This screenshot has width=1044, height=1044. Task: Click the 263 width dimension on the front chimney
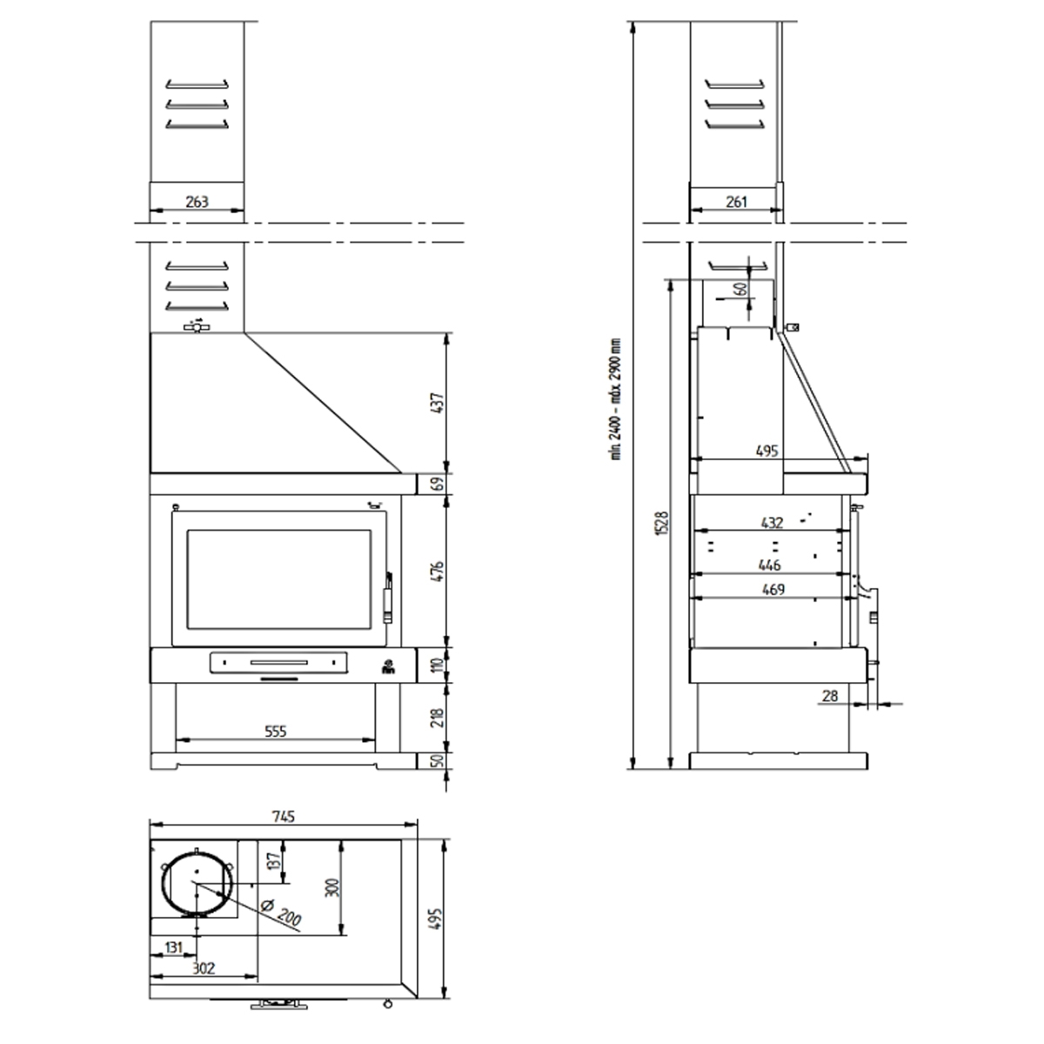tap(197, 201)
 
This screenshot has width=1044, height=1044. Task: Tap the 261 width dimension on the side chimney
tap(736, 201)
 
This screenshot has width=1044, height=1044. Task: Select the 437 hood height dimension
tap(438, 402)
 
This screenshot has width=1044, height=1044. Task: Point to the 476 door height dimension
tap(438, 571)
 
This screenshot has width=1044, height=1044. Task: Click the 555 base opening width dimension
tap(276, 731)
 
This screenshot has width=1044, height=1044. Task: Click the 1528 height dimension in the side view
tap(662, 522)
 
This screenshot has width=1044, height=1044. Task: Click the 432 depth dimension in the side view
tap(771, 523)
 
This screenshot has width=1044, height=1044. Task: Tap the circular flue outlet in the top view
tap(196, 884)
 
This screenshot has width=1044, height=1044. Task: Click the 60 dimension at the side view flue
tap(741, 290)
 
